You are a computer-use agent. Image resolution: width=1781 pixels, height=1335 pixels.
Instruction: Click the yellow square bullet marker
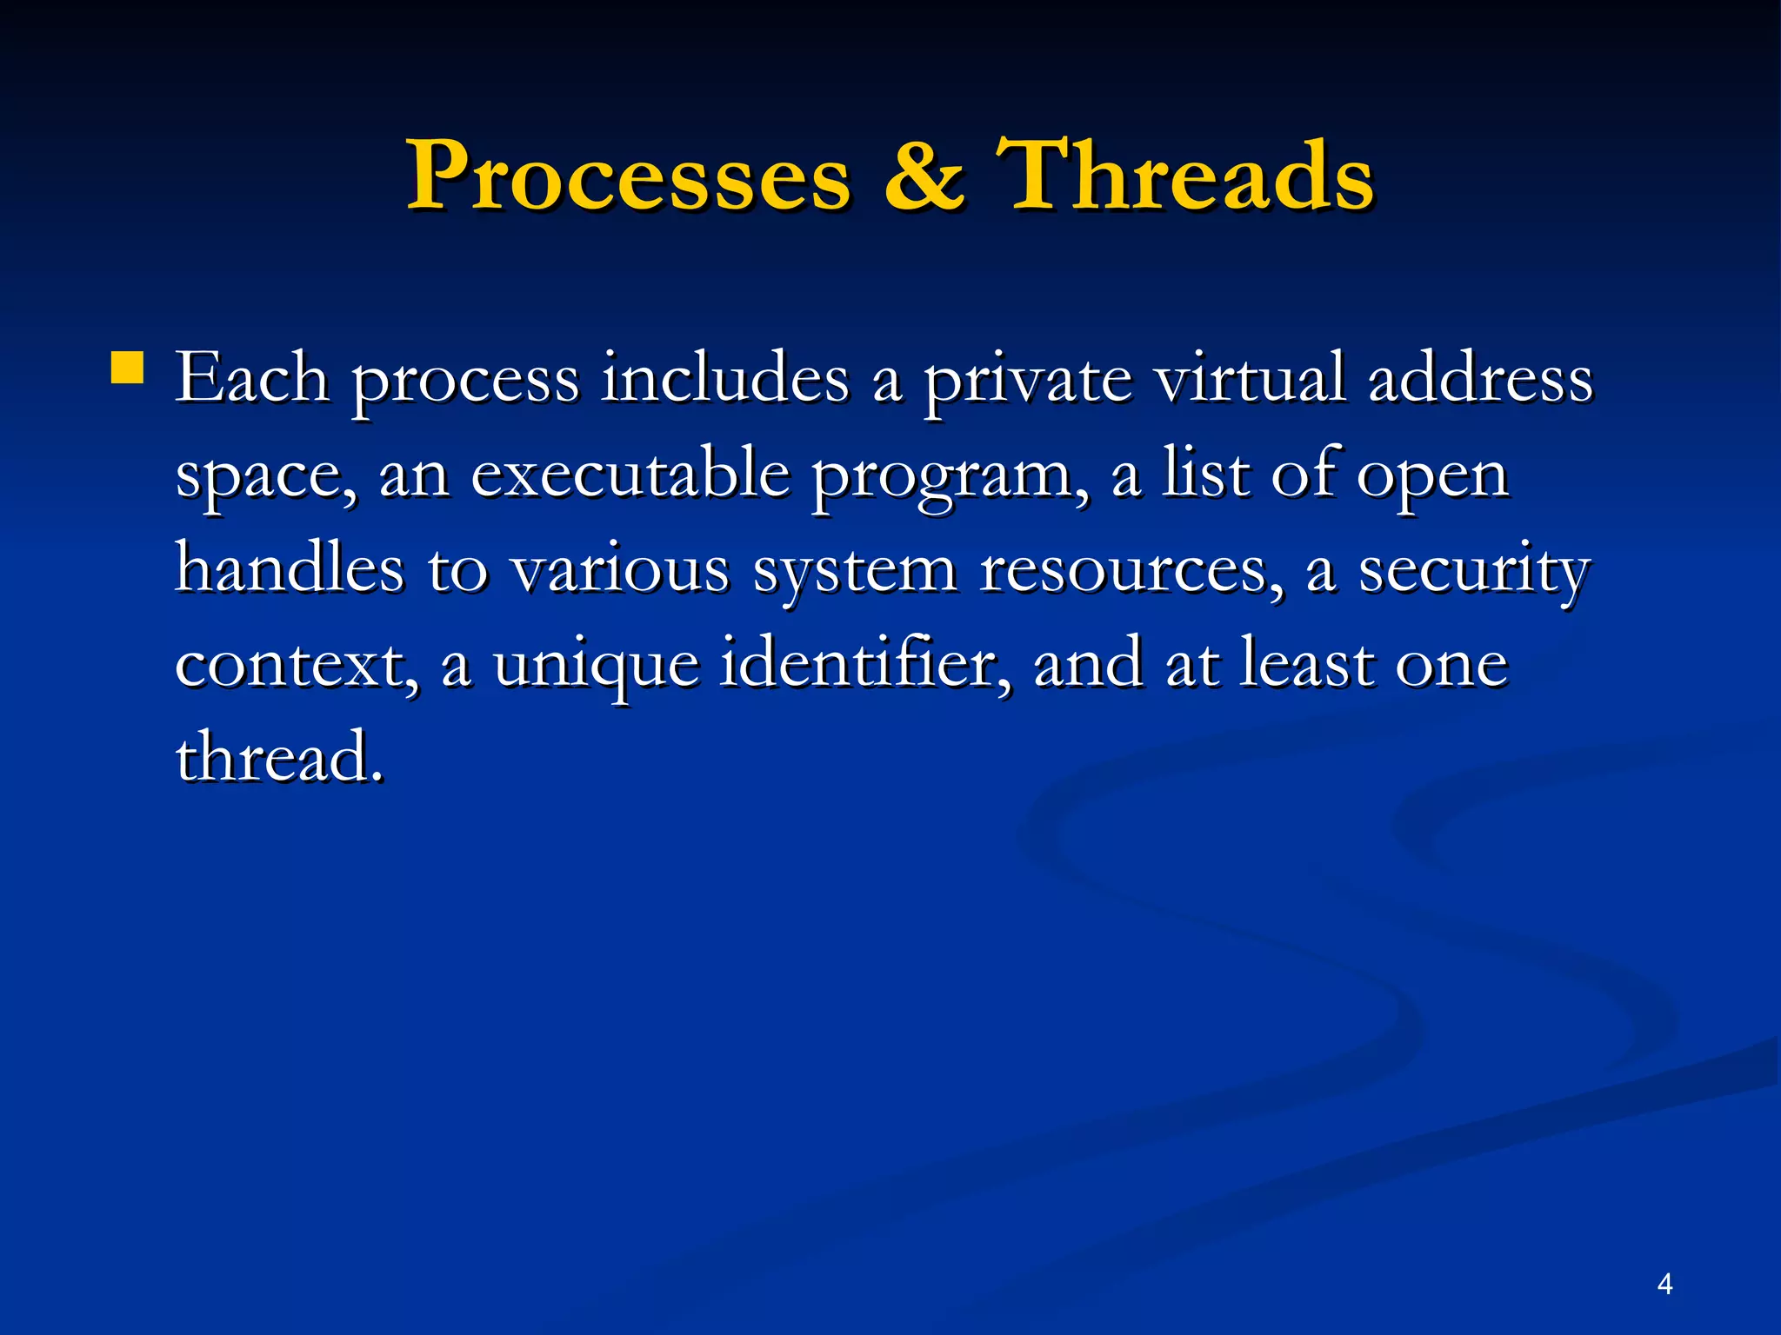click(127, 368)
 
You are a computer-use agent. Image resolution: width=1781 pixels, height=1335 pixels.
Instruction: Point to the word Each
click(252, 379)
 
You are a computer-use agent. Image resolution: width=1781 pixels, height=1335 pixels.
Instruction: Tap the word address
click(1480, 379)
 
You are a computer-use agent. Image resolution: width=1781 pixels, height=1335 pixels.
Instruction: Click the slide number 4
click(1664, 1284)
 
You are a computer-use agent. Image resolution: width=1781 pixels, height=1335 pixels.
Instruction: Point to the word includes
click(725, 379)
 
